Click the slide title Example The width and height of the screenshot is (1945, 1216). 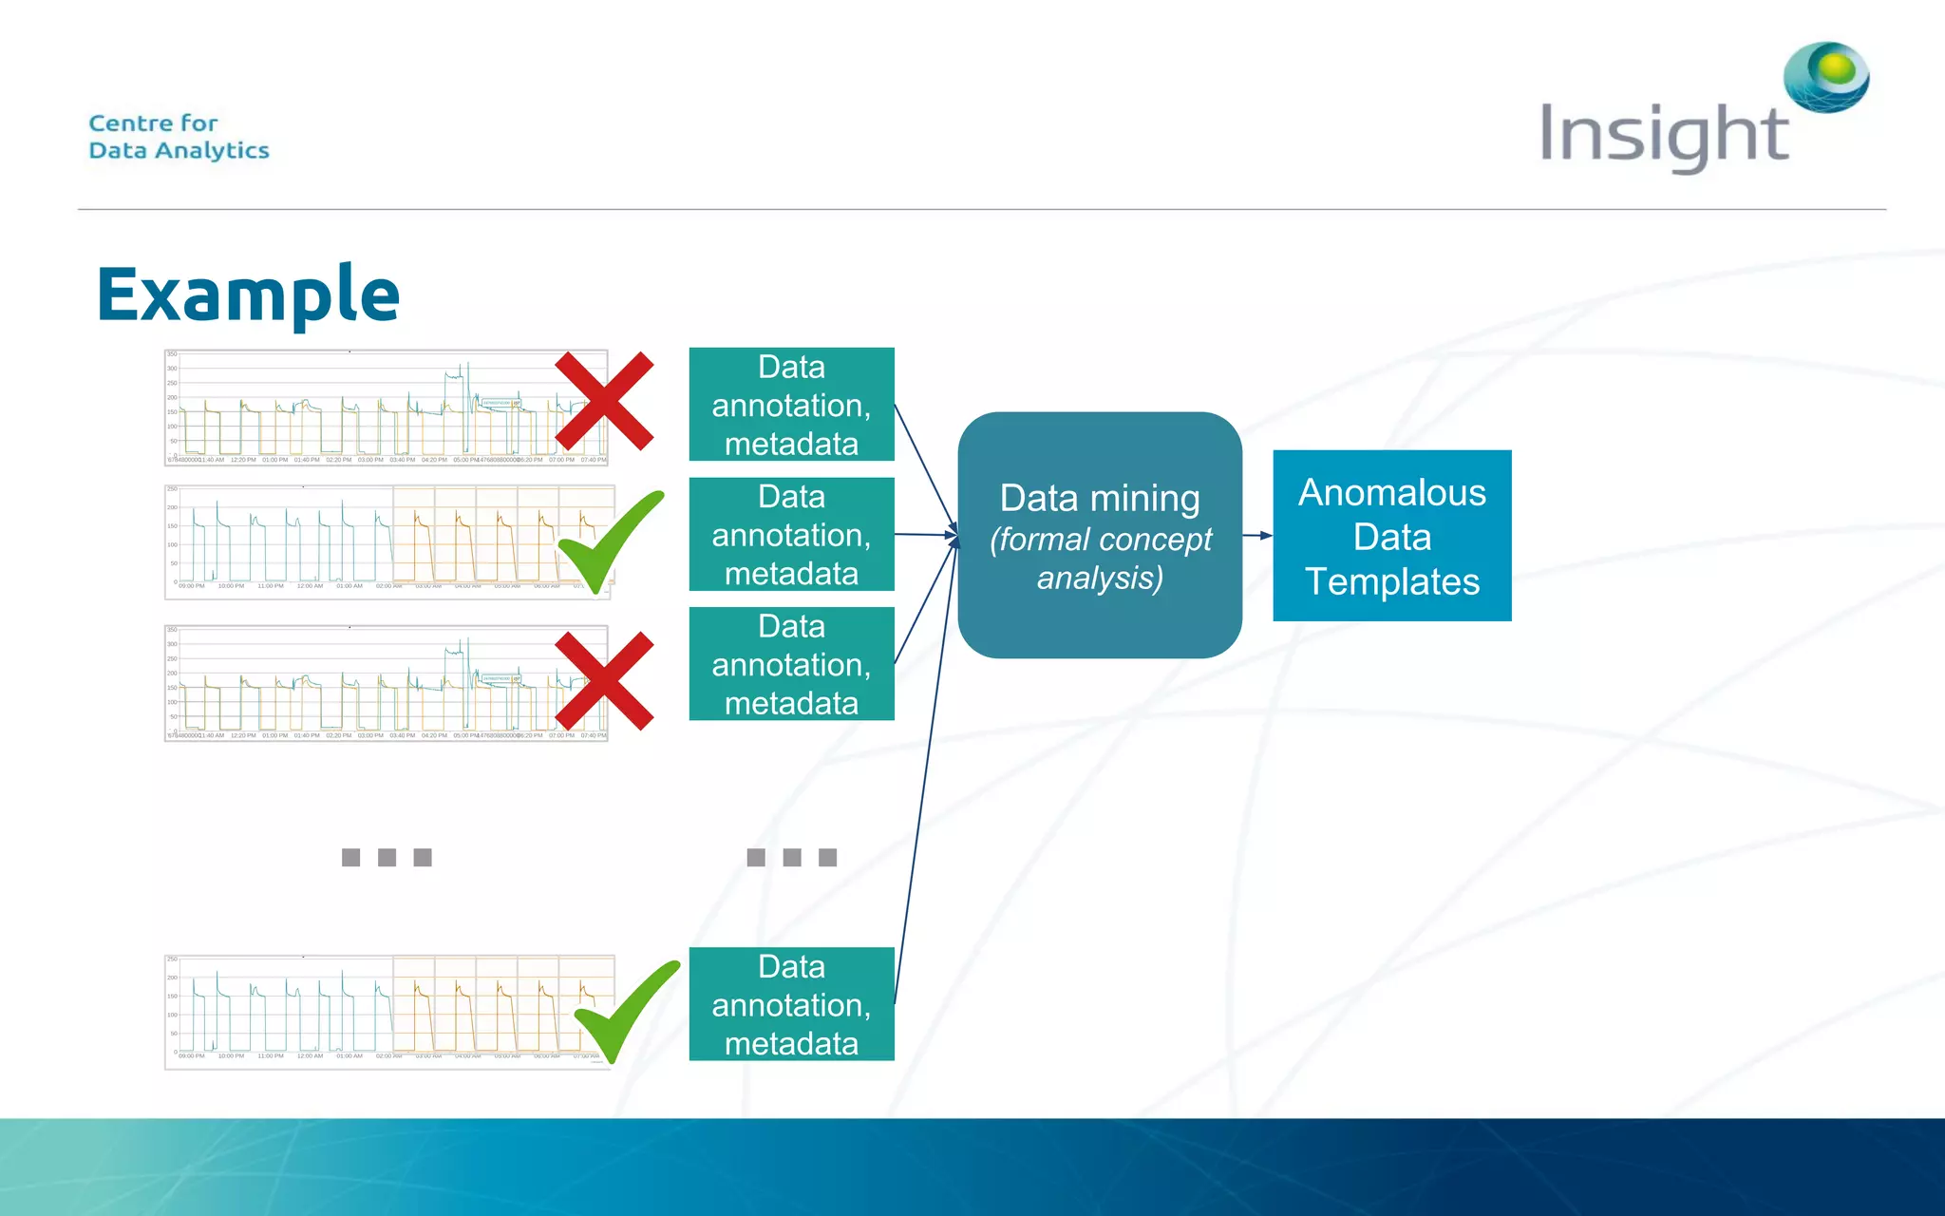click(248, 294)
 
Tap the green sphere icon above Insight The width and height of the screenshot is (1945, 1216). click(1827, 76)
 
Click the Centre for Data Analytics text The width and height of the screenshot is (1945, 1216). click(179, 137)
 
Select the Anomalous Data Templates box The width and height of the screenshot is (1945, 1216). click(1391, 536)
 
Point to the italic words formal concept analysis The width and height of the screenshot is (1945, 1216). click(1100, 559)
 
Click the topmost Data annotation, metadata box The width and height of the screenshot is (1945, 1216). click(791, 405)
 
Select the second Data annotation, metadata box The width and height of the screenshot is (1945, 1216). click(791, 535)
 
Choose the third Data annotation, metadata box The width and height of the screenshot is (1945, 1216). click(791, 664)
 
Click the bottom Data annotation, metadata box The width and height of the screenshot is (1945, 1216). click(791, 1004)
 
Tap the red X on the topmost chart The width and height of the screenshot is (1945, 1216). click(604, 401)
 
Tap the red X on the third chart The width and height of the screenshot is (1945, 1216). click(604, 681)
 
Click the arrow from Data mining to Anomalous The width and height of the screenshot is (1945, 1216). click(1257, 536)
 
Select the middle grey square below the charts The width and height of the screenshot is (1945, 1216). click(387, 858)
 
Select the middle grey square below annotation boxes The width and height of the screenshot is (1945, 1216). click(792, 858)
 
